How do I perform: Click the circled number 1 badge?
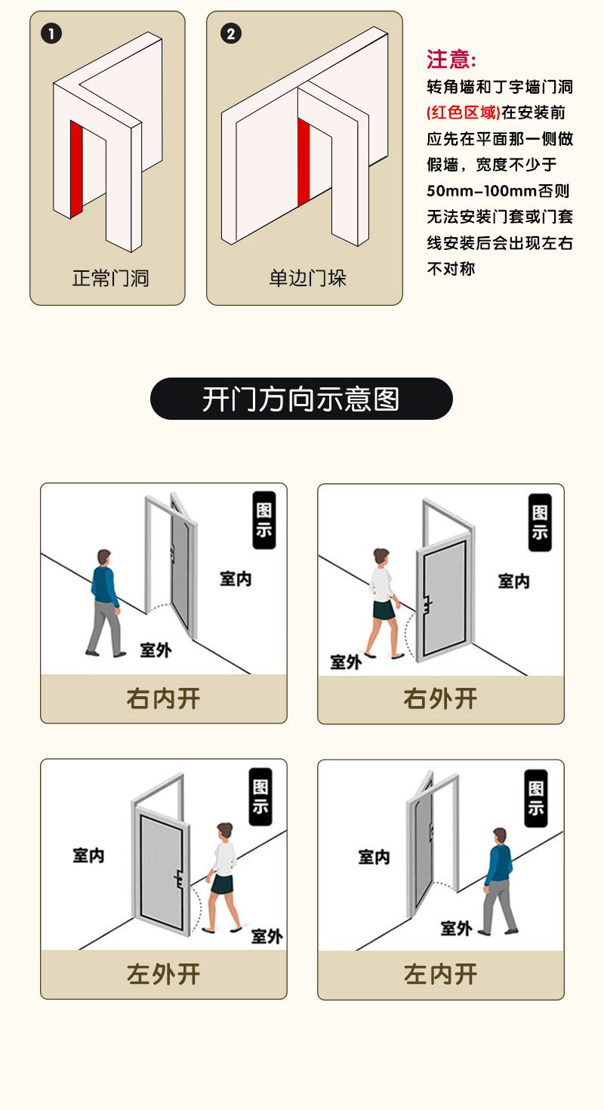point(51,34)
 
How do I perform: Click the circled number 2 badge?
point(230,34)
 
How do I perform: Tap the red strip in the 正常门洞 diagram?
point(76,168)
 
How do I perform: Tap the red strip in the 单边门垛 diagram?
point(304,162)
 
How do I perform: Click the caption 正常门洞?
point(110,278)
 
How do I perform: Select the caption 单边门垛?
point(307,278)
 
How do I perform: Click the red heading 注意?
point(451,60)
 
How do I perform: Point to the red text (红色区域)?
point(464,113)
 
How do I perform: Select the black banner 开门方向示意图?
point(301,399)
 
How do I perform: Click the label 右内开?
point(164,698)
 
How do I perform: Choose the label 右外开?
point(440,698)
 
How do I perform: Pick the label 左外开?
point(164,974)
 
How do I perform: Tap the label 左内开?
point(440,974)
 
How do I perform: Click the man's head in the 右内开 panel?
point(103,557)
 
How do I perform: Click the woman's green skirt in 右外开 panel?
point(384,610)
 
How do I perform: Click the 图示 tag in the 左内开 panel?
point(536,798)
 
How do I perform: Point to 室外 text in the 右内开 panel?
point(156,649)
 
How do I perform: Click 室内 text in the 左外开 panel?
point(88,855)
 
